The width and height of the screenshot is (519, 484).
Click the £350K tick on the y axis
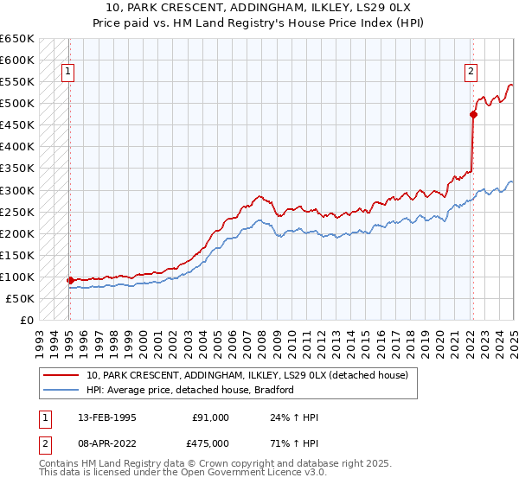[x=17, y=169]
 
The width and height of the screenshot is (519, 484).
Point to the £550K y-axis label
[x=17, y=82]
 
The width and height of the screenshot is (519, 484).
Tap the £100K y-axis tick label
[x=17, y=277]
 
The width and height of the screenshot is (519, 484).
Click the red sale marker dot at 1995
[x=70, y=280]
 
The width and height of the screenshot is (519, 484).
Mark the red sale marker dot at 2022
[x=473, y=113]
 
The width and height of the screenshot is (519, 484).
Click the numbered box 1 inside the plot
[x=68, y=73]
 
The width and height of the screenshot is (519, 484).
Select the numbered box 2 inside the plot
[x=471, y=73]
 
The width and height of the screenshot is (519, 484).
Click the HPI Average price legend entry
[x=189, y=390]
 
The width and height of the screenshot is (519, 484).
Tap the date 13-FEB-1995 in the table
[x=106, y=417]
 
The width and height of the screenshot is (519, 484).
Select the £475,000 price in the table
[x=211, y=443]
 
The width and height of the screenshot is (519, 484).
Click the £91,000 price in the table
[x=211, y=417]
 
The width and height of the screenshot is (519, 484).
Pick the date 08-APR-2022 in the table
[x=106, y=443]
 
